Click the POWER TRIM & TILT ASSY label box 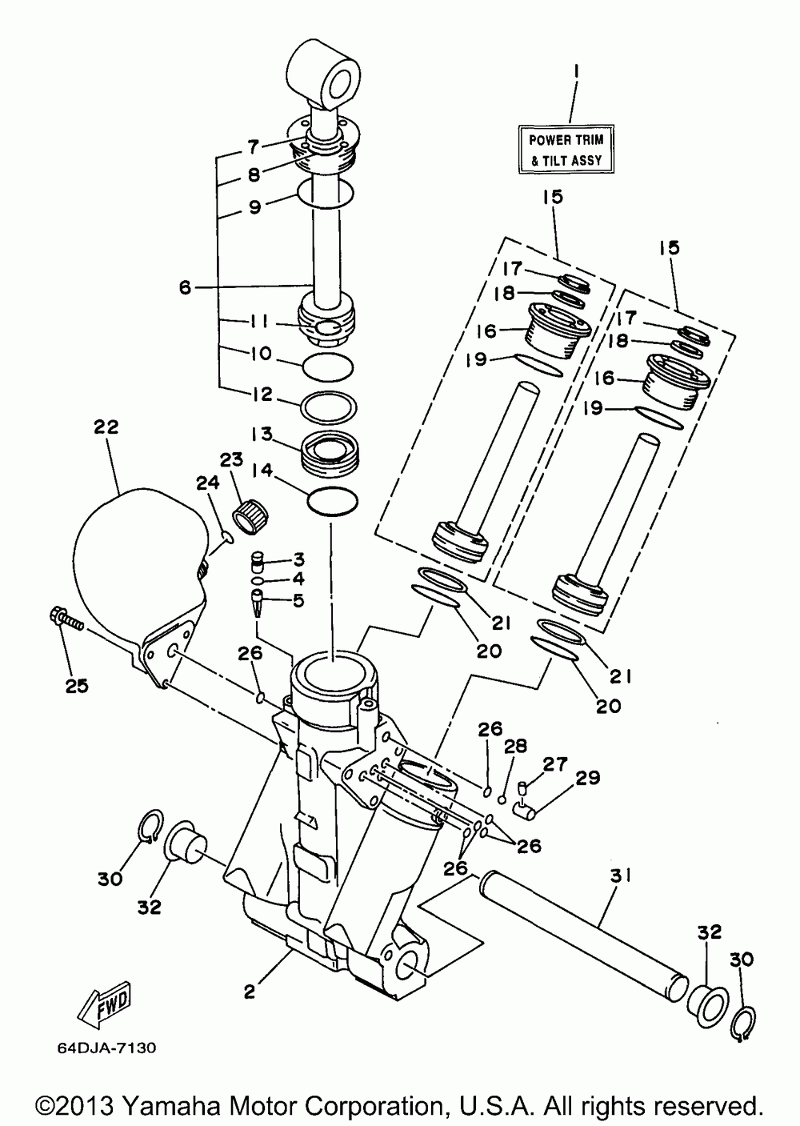coord(566,150)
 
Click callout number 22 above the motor coord(106,427)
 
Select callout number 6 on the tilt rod coord(185,287)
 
